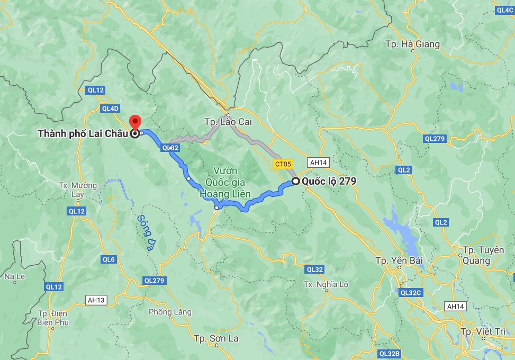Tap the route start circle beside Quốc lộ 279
[x=296, y=181]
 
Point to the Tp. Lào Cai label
[x=228, y=122]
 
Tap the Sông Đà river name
[x=145, y=232]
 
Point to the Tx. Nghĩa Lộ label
[x=326, y=284]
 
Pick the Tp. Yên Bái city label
[x=396, y=260]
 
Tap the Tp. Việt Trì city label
[x=483, y=331]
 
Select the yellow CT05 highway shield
[x=283, y=164]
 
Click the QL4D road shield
[x=111, y=109]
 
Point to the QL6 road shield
[x=109, y=259]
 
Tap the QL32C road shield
[x=410, y=292]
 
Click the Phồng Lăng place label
[x=170, y=312]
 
